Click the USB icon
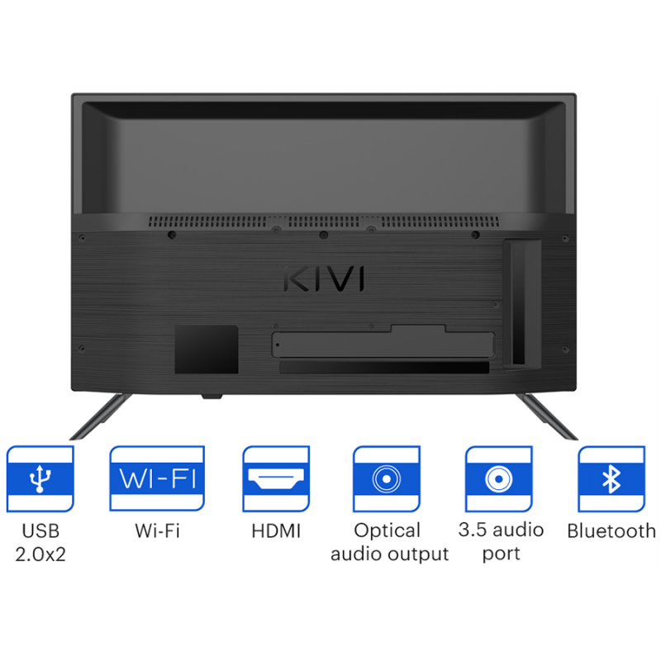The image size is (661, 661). (40, 479)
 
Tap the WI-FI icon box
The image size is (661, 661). (157, 479)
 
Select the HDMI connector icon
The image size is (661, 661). (276, 479)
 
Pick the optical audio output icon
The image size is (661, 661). (387, 479)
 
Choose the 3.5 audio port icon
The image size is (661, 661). (499, 479)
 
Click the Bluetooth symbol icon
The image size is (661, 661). (611, 479)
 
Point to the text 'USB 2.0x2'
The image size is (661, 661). (40, 543)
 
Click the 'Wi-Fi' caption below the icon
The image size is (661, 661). (157, 530)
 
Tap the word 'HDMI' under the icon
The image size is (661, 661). (276, 531)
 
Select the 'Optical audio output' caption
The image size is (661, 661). (389, 543)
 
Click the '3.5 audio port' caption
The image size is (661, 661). (502, 542)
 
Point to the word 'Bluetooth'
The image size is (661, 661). (611, 530)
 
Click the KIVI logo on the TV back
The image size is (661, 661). (324, 278)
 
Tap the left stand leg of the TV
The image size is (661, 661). (101, 416)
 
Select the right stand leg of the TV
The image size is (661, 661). (546, 416)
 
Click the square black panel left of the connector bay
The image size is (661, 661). (207, 349)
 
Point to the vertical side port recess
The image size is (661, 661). (522, 304)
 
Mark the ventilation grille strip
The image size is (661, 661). (324, 221)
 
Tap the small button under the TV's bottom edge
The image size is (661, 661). (212, 397)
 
